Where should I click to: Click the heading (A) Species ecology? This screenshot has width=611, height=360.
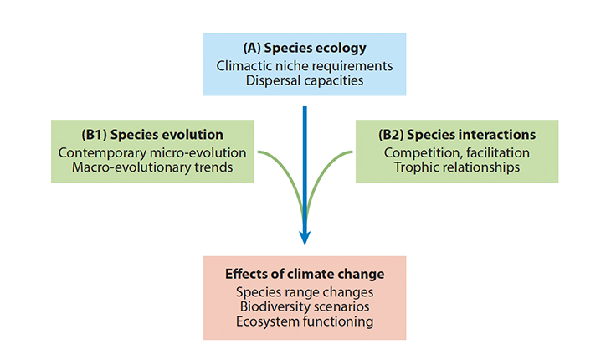(305, 48)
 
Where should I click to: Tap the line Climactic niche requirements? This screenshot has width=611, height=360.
(305, 66)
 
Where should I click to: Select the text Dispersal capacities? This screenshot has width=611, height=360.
(305, 80)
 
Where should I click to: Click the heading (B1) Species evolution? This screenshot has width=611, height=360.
(152, 135)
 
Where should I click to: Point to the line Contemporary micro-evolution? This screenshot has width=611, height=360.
(152, 152)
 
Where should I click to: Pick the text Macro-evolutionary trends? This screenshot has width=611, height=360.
(152, 167)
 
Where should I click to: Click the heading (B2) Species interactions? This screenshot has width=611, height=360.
(457, 135)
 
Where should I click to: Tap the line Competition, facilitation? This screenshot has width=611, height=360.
(457, 152)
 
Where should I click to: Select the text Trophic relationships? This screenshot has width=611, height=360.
(457, 167)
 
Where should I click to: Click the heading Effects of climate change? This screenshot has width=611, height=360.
(305, 274)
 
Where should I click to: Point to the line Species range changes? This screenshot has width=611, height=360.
(305, 292)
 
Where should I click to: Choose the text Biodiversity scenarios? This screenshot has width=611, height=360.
(305, 306)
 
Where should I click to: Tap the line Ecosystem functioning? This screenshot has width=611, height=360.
(305, 321)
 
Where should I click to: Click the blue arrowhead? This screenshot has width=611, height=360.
(305, 238)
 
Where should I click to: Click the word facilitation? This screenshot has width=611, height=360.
(498, 152)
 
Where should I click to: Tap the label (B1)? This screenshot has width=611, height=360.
(94, 135)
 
